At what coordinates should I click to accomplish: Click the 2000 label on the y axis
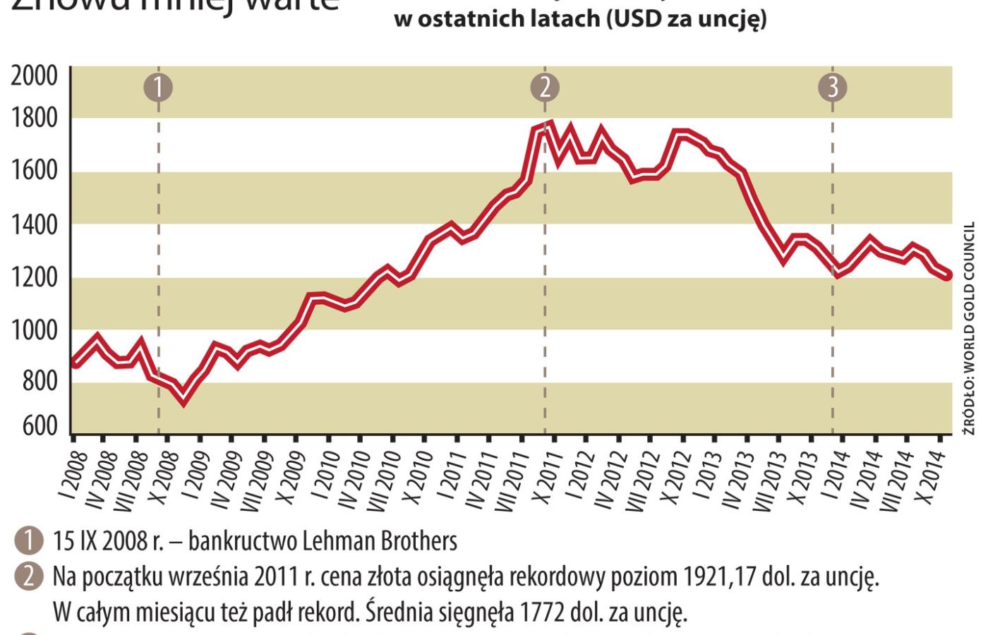(x=34, y=75)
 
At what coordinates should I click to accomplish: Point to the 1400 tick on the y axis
(x=34, y=225)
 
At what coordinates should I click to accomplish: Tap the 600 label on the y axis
(x=40, y=427)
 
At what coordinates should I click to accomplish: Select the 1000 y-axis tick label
(x=34, y=330)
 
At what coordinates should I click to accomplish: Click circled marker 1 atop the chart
(x=158, y=87)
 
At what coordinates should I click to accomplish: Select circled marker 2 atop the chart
(x=545, y=87)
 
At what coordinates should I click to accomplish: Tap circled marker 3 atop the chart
(x=833, y=87)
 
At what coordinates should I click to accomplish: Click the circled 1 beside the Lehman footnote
(x=29, y=541)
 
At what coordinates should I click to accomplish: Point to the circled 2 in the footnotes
(x=29, y=576)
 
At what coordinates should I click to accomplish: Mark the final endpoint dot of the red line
(x=947, y=275)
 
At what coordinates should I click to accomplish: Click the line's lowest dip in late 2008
(x=184, y=400)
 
